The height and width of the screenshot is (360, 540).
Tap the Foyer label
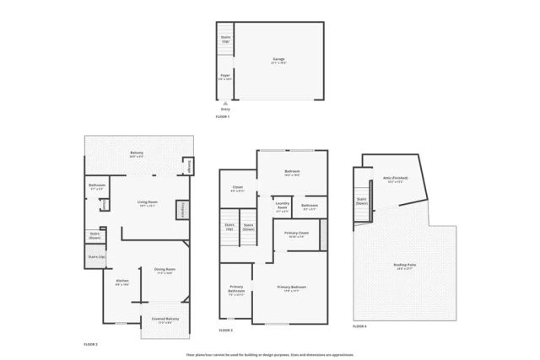point(225,76)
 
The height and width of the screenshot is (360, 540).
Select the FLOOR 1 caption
point(224,116)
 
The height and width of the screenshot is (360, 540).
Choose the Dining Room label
point(165,271)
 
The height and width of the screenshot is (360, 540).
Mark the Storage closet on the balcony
point(188,166)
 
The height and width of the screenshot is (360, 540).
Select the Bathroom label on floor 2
point(96,186)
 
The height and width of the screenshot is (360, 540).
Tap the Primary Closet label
point(296,234)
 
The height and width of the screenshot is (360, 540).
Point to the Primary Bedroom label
point(292,287)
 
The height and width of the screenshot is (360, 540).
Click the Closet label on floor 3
point(237,190)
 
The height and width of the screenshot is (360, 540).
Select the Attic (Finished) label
point(395,180)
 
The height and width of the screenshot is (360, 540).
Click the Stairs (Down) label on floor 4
point(361,201)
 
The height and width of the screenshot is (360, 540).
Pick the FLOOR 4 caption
point(359,325)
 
